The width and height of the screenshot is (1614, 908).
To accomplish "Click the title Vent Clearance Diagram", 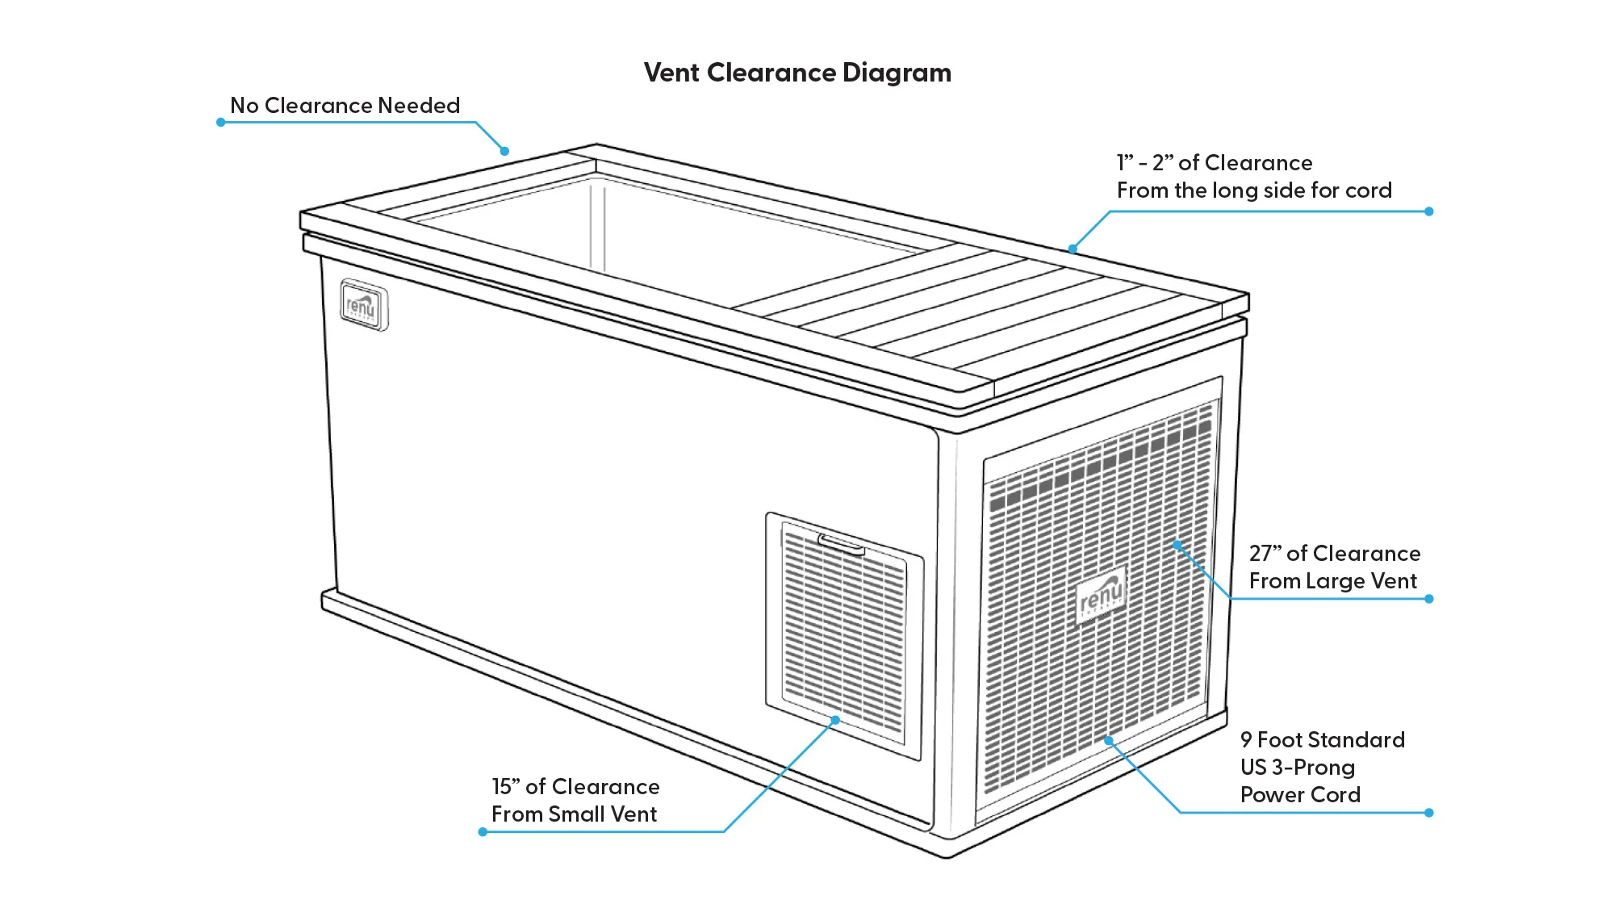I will pyautogui.click(x=797, y=73).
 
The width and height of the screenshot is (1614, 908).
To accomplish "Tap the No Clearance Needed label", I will pyautogui.click(x=345, y=106).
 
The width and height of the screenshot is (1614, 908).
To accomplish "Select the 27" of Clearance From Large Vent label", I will pyautogui.click(x=1334, y=567).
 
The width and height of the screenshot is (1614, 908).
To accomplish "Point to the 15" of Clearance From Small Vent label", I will pyautogui.click(x=575, y=801).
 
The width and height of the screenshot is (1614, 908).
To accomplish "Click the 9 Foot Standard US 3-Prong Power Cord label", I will pyautogui.click(x=1322, y=768).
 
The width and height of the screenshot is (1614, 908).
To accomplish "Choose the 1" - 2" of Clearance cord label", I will pyautogui.click(x=1254, y=177).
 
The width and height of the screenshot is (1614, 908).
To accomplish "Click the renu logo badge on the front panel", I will pyautogui.click(x=363, y=305).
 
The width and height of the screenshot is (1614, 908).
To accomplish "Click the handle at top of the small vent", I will pyautogui.click(x=841, y=545).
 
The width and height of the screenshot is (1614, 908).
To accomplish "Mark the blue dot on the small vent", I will pyautogui.click(x=835, y=720).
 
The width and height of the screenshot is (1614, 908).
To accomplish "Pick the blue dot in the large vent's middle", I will pyautogui.click(x=1177, y=546).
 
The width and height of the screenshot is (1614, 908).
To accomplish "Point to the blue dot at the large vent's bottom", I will pyautogui.click(x=1109, y=740).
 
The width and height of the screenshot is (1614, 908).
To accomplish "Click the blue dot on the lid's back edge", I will pyautogui.click(x=1073, y=249).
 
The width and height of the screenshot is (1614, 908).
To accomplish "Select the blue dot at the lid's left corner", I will pyautogui.click(x=504, y=151).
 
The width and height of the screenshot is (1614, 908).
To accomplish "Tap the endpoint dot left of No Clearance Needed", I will pyautogui.click(x=220, y=123).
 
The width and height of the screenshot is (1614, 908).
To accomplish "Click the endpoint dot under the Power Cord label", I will pyautogui.click(x=1429, y=813).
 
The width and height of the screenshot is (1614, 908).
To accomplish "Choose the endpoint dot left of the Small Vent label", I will pyautogui.click(x=483, y=832).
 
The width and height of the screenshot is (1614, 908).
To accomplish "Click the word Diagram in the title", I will pyautogui.click(x=897, y=73).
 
